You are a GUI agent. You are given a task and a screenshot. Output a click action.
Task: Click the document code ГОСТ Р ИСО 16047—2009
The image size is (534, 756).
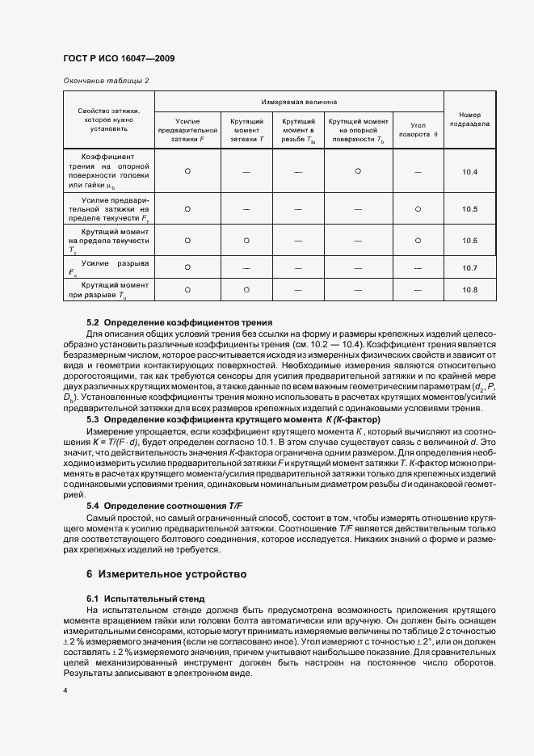[118, 59]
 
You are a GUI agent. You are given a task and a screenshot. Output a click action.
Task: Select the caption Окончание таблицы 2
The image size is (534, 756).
[106, 81]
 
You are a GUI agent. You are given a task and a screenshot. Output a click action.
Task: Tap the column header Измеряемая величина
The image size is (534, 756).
[299, 103]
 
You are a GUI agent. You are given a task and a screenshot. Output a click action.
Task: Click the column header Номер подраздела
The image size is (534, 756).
[470, 120]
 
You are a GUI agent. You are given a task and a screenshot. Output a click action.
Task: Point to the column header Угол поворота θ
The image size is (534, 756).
[418, 130]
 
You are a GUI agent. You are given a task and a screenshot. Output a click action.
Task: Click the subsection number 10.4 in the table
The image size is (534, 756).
[470, 172]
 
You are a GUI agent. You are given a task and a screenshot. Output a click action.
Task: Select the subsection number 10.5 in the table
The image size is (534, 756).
[470, 208]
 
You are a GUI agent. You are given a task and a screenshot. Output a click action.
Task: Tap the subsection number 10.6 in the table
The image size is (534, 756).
[470, 241]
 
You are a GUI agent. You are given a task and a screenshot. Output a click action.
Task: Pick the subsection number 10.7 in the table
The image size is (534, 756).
[470, 267]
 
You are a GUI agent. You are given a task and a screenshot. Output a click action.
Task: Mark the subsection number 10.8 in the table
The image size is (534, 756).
[470, 289]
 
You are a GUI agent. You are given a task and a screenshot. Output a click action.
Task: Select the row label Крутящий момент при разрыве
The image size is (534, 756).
[109, 289]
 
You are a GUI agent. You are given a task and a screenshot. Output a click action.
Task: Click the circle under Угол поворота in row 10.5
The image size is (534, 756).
[418, 208]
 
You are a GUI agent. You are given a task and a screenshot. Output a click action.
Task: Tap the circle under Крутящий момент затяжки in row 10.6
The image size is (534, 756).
[246, 241]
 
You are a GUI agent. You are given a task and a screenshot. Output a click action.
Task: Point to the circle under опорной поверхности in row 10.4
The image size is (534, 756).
[357, 171]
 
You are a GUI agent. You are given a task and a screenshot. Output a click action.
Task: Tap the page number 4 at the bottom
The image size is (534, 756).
[65, 691]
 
